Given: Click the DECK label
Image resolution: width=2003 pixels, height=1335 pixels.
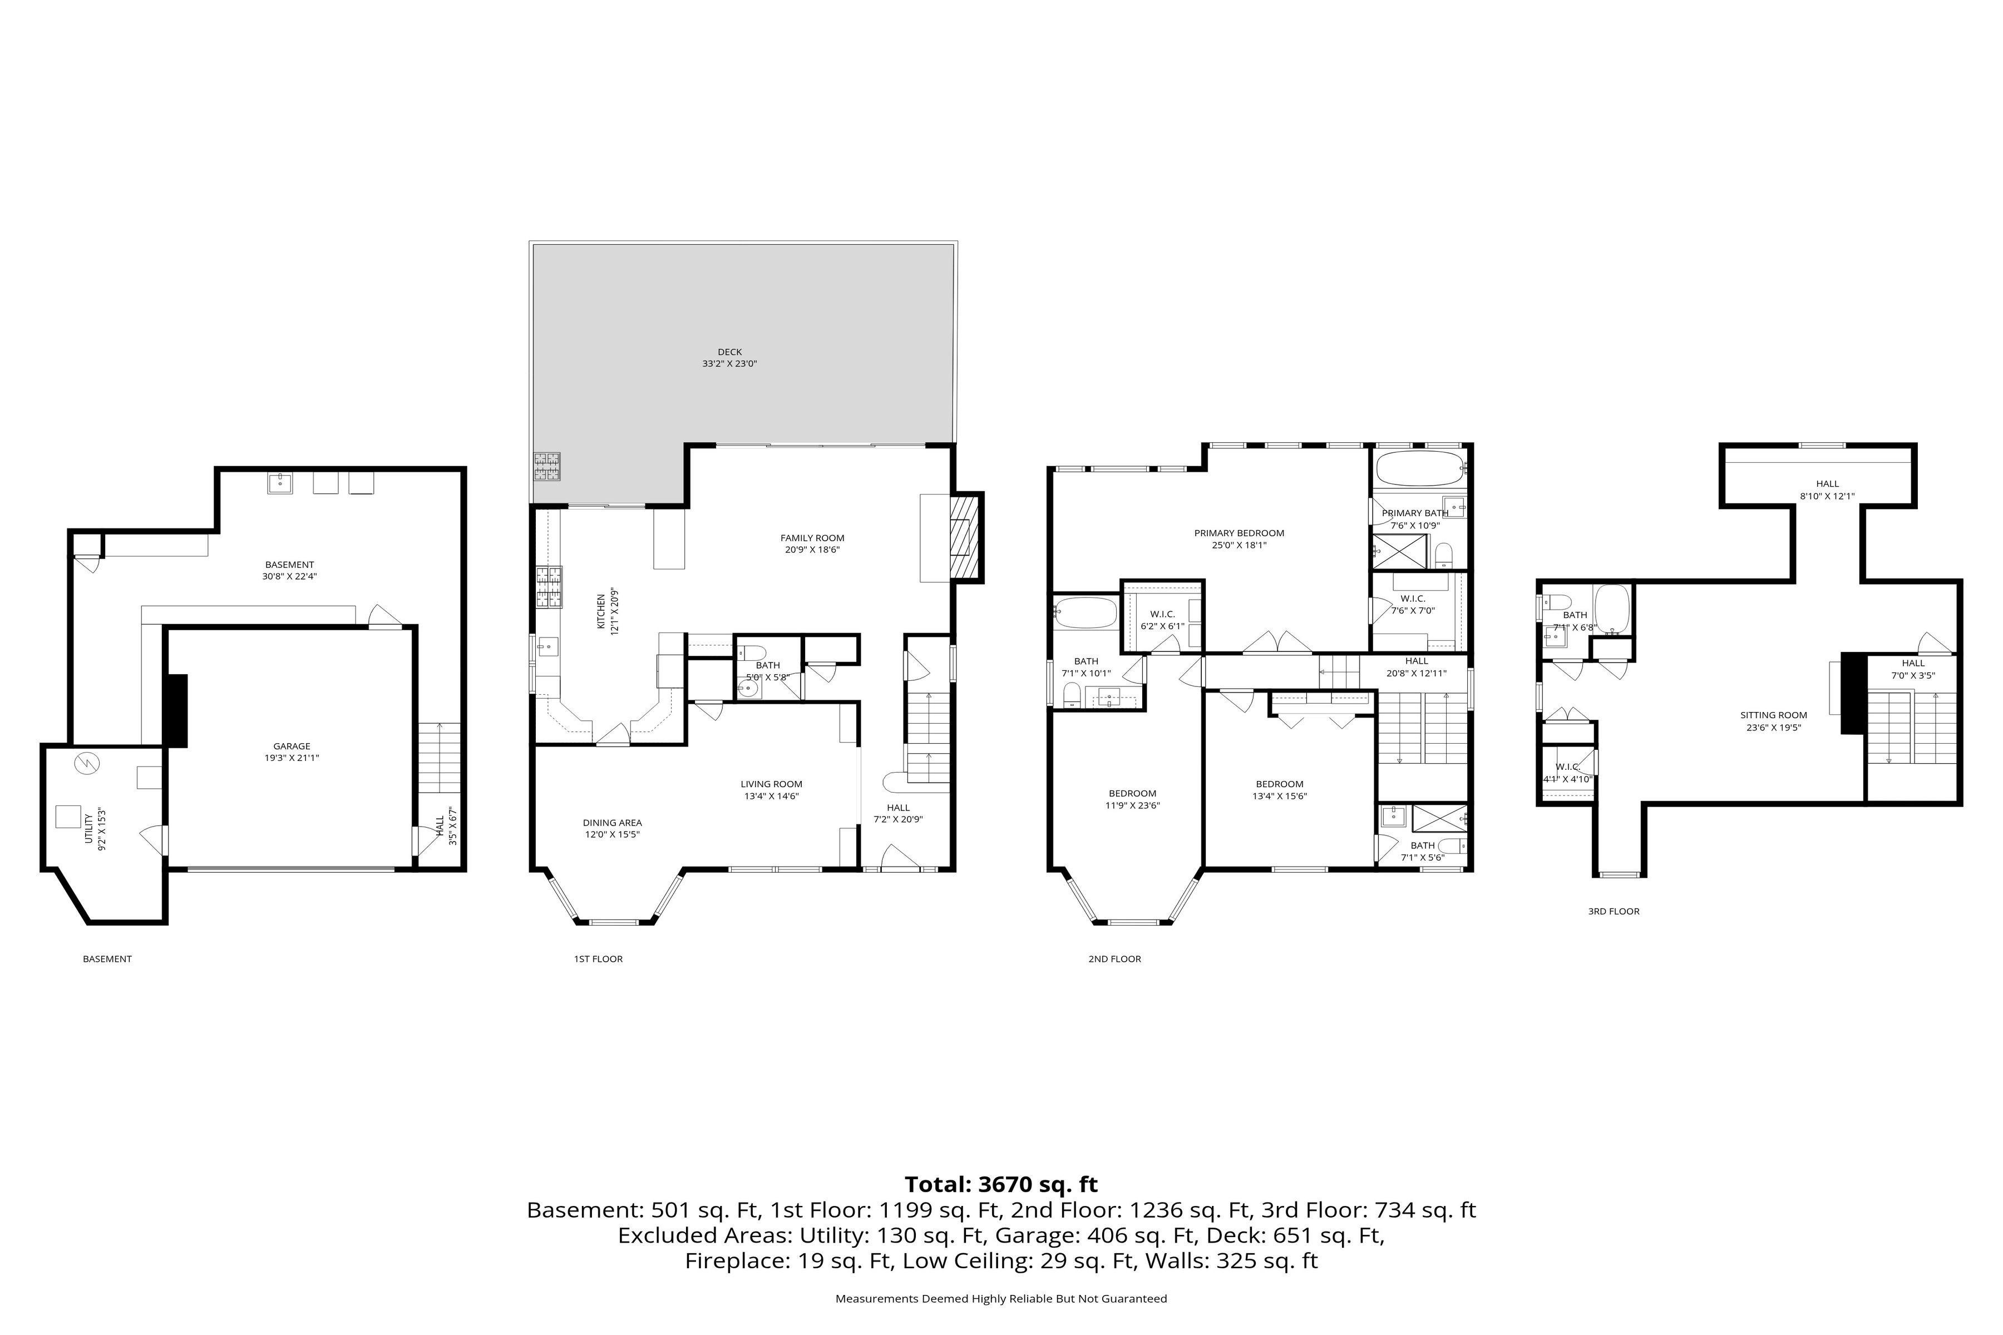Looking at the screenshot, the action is click(729, 352).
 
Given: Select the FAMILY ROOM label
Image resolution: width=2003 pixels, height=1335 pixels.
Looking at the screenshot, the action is click(812, 538).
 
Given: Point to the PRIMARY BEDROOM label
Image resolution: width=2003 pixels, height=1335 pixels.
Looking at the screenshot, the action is click(1239, 533).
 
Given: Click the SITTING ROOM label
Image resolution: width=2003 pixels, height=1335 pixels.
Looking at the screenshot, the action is click(1774, 715).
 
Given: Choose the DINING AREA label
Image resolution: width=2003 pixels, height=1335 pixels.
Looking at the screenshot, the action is click(613, 823).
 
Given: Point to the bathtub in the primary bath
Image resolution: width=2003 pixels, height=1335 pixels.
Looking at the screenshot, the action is click(1417, 467).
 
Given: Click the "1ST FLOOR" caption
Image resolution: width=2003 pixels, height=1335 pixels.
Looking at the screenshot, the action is click(598, 958).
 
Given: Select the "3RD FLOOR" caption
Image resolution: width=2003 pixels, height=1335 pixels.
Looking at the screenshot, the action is click(1613, 911).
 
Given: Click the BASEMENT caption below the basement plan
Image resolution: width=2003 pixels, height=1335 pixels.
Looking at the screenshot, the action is click(107, 958).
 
